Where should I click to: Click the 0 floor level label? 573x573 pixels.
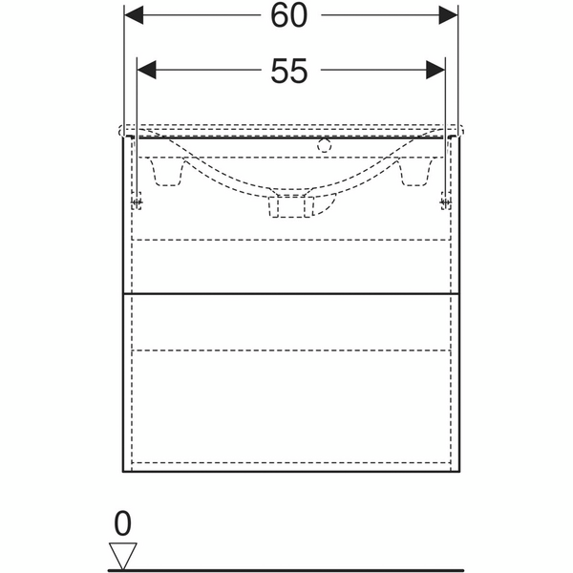(122, 522)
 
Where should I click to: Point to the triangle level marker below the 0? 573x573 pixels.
(122, 553)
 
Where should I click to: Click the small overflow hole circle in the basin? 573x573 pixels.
(324, 146)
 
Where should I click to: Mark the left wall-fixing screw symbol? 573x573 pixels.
(138, 200)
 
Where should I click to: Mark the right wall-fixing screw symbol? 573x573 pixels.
(444, 200)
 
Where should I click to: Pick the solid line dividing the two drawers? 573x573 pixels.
(291, 294)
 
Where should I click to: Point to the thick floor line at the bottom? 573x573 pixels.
(334, 569)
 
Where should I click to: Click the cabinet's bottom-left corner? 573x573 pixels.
(125, 474)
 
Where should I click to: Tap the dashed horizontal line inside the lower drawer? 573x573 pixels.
(291, 350)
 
